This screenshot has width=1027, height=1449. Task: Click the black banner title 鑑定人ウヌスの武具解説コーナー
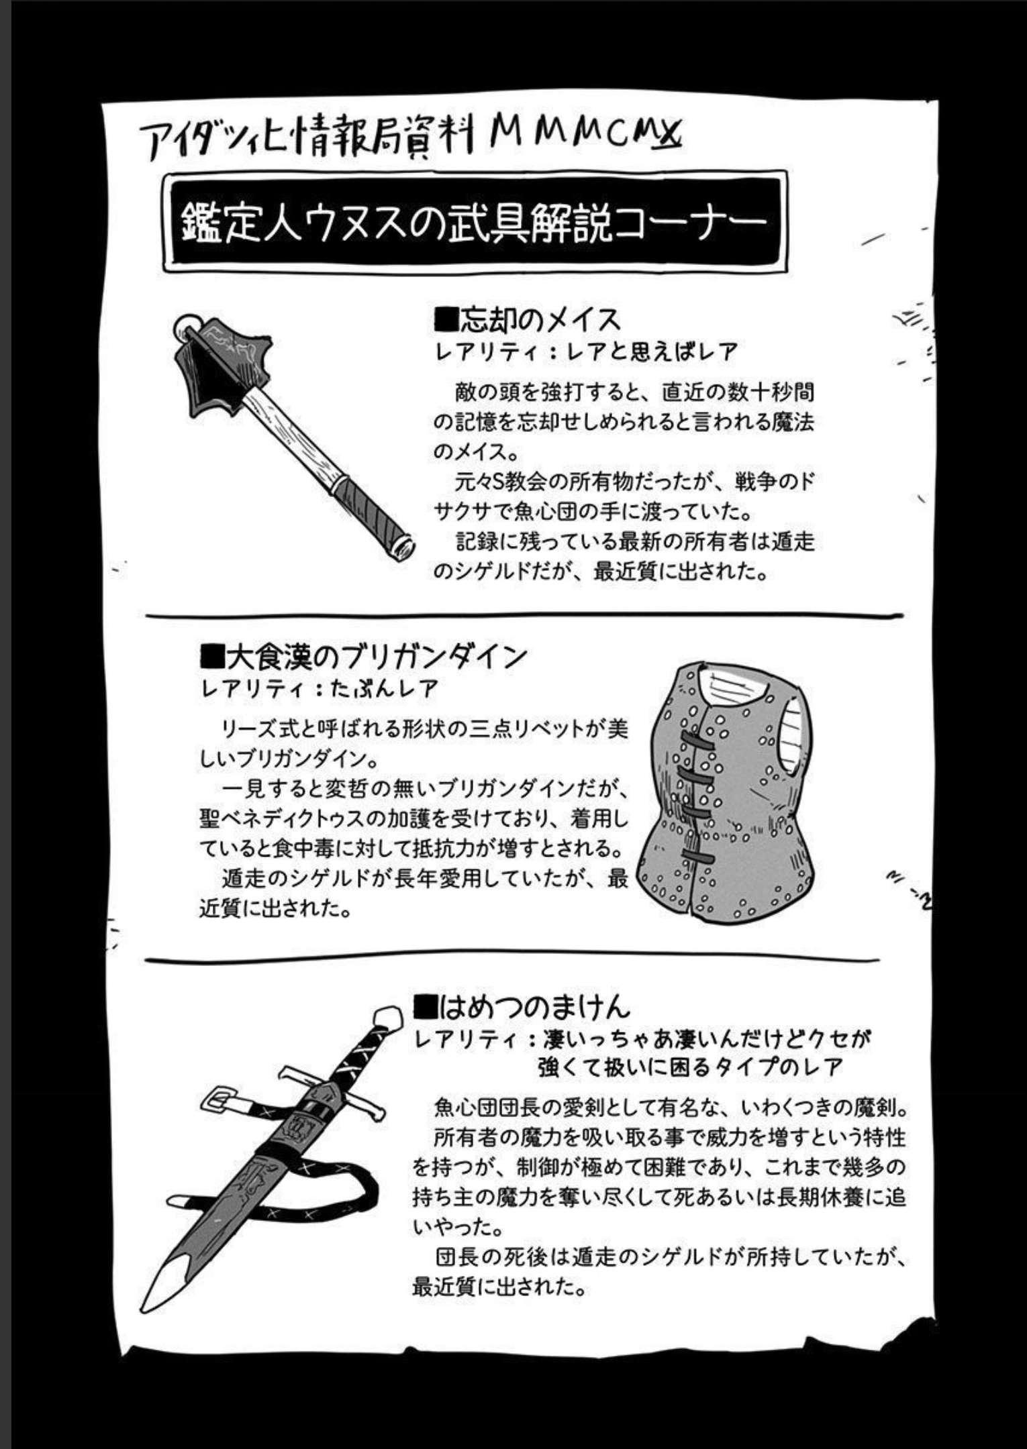(x=474, y=221)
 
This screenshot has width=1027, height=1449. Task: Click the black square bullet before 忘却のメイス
(x=446, y=320)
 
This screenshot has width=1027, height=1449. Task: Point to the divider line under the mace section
(x=524, y=614)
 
